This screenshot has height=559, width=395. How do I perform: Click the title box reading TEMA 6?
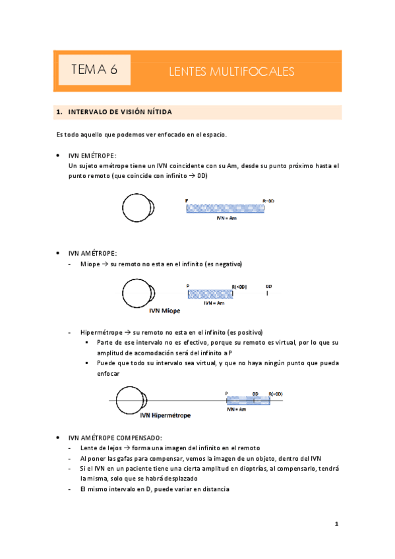[94, 70]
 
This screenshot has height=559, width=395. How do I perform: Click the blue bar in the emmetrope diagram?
[226, 208]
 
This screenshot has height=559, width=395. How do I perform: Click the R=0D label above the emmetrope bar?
[269, 200]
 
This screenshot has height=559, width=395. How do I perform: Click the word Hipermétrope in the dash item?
[100, 332]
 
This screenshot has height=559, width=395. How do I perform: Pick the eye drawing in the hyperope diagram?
[128, 400]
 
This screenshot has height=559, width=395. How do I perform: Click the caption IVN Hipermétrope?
[165, 416]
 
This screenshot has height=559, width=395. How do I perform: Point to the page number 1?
[336, 525]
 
